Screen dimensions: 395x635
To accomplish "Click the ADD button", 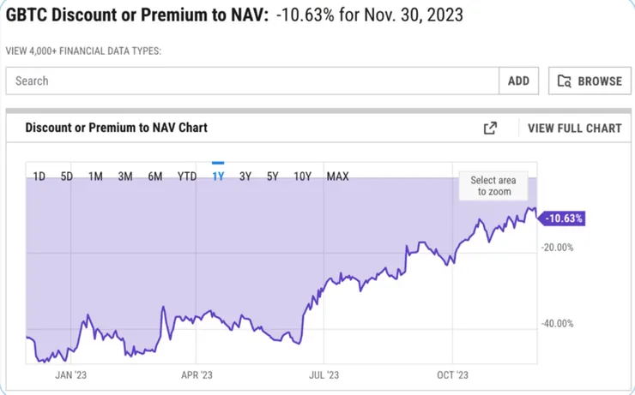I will (518, 81).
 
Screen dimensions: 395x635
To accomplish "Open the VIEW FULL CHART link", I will (574, 128).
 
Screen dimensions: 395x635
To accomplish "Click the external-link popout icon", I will (490, 128).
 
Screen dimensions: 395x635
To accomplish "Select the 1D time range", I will (39, 177).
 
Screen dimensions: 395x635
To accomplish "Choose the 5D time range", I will (66, 177).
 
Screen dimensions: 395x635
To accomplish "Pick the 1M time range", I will (95, 177).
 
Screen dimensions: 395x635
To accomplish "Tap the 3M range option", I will (124, 177).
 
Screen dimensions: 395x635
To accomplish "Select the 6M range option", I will (154, 177).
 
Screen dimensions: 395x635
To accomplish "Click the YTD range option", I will (186, 177).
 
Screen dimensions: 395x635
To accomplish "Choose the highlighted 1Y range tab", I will (218, 177).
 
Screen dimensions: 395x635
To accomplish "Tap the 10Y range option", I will (302, 177).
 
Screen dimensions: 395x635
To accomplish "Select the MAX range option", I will (337, 177).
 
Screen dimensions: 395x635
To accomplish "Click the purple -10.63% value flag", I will (563, 218).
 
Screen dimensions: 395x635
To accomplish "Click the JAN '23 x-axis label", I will (70, 374).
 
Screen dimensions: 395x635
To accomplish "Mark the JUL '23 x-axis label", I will (324, 374).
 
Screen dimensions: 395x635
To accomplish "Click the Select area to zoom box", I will (493, 186).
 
